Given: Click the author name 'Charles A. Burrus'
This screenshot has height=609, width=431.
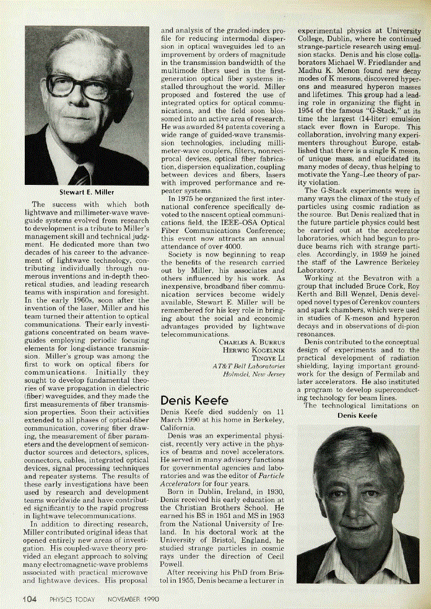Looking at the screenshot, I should [x=252, y=341].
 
